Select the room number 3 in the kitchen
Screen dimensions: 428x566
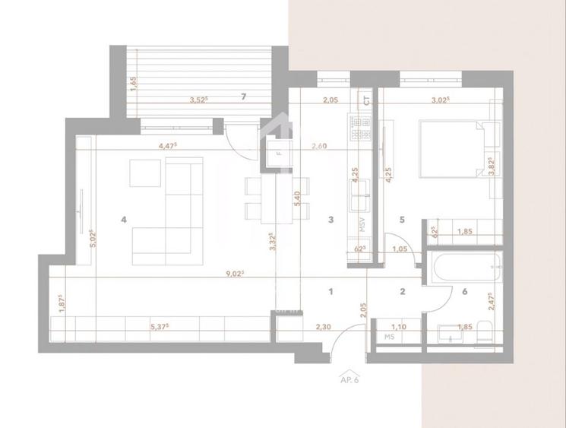click(330, 220)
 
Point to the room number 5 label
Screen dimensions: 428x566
click(403, 220)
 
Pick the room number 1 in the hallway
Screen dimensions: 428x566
click(330, 290)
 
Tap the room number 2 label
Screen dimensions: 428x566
click(403, 290)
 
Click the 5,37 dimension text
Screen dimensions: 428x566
click(160, 328)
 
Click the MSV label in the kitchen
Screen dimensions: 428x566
click(362, 226)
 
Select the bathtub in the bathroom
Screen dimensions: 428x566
click(463, 267)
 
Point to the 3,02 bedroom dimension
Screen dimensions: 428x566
click(441, 99)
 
